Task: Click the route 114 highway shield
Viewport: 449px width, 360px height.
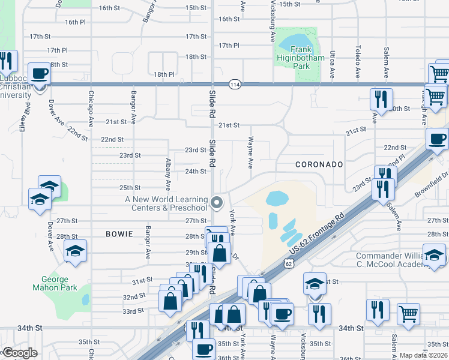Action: pos(235,85)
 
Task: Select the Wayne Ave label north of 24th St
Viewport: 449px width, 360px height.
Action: pos(250,151)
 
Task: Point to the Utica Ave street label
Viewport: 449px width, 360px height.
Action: pos(332,65)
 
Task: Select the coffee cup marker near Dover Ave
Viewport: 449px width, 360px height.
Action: pos(40,74)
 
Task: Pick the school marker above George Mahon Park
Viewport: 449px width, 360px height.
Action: pos(76,251)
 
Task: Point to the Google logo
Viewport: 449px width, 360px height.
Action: pos(20,353)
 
